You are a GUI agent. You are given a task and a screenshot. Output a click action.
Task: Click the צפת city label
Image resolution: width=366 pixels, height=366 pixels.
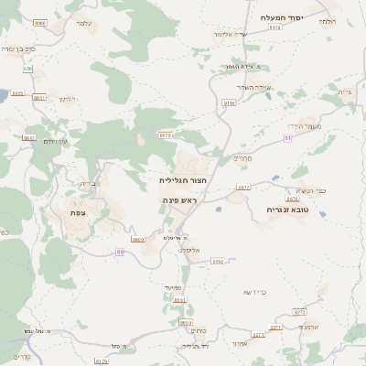coord(78,212)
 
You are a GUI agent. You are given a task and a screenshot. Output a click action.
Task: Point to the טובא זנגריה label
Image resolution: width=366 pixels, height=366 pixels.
coord(287,209)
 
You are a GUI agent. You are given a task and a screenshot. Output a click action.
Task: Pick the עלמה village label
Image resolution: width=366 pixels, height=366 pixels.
coord(84,22)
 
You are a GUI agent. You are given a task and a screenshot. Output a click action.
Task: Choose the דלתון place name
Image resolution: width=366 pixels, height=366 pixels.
coord(65,98)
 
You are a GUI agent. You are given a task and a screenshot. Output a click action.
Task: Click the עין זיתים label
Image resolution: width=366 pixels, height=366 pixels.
coord(56,141)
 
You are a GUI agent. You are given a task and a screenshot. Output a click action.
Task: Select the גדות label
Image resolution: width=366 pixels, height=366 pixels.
coord(345,91)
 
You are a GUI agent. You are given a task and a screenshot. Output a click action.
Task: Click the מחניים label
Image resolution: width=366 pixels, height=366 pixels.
coord(242,157)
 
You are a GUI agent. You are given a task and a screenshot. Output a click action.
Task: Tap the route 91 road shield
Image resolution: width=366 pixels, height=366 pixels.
coord(287,137)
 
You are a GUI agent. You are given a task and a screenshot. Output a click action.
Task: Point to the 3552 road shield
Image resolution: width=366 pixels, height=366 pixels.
coord(217,261)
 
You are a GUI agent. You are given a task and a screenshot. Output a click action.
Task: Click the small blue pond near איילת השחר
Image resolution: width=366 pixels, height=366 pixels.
coord(268,95)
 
